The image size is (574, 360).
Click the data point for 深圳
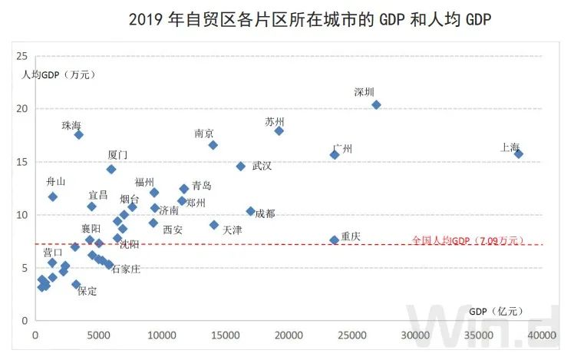[376, 105]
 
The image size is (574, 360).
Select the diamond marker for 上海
[519, 154]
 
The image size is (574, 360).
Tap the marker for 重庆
[335, 240]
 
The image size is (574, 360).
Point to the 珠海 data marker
[78, 134]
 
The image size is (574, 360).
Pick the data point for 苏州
[279, 131]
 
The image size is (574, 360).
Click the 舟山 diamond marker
[53, 197]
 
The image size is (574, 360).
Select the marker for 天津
[214, 225]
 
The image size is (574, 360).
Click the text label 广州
[342, 149]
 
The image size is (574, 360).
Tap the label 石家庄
[126, 269]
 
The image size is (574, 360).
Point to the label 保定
[87, 291]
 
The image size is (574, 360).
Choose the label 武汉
[262, 166]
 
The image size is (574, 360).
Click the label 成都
[265, 213]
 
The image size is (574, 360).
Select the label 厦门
[118, 155]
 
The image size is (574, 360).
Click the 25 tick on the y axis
[21, 56]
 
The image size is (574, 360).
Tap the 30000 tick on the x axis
[416, 335]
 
